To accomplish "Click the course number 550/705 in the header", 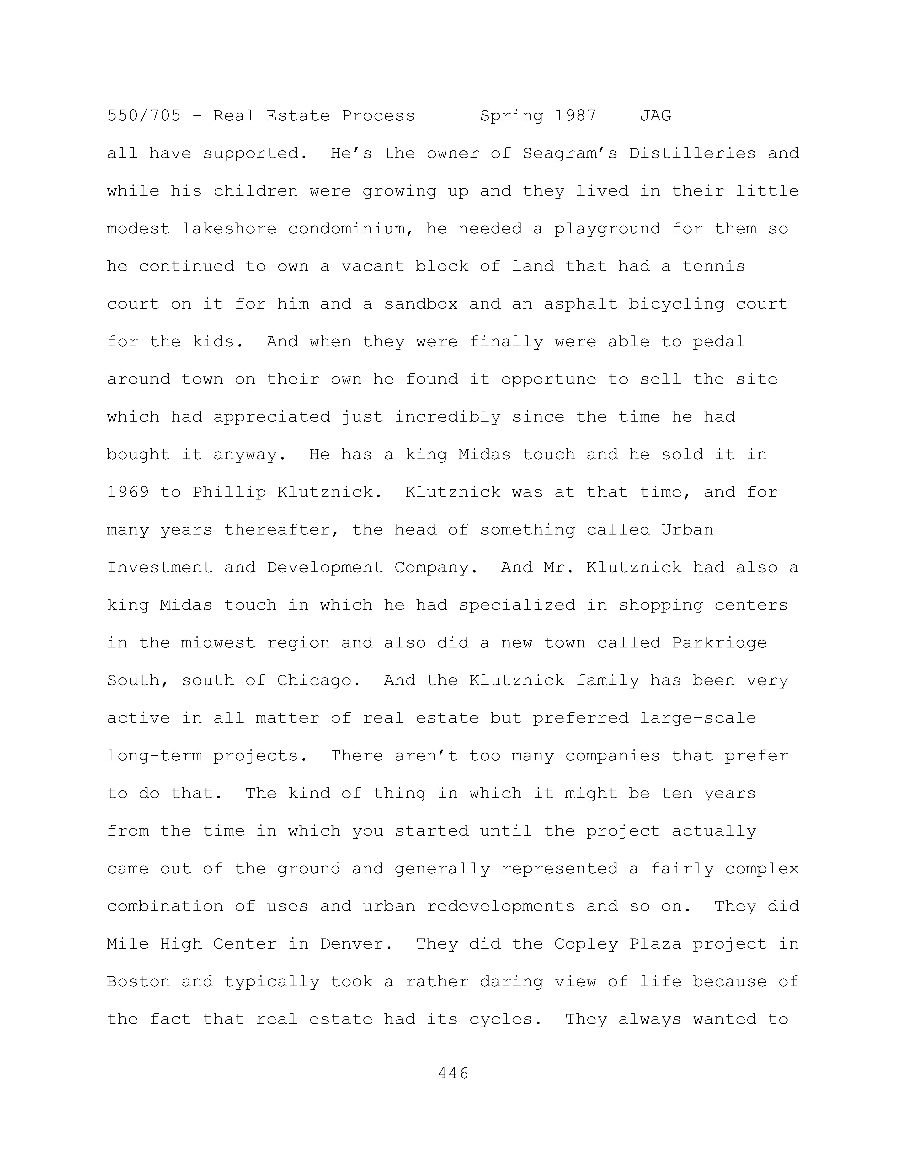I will [x=144, y=116].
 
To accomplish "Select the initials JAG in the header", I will [x=655, y=116].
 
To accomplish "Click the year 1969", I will [x=128, y=493].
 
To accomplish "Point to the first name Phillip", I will [x=229, y=493].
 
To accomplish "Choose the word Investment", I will [x=160, y=568].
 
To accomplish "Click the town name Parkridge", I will [x=719, y=643].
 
